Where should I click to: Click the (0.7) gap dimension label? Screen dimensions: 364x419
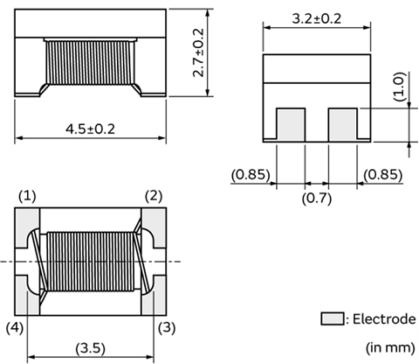coord(316,199)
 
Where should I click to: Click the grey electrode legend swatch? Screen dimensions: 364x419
coord(332,318)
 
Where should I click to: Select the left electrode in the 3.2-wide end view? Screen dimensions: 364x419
coord(290,124)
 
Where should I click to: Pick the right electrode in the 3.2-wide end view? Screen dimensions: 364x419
coord(342,124)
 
